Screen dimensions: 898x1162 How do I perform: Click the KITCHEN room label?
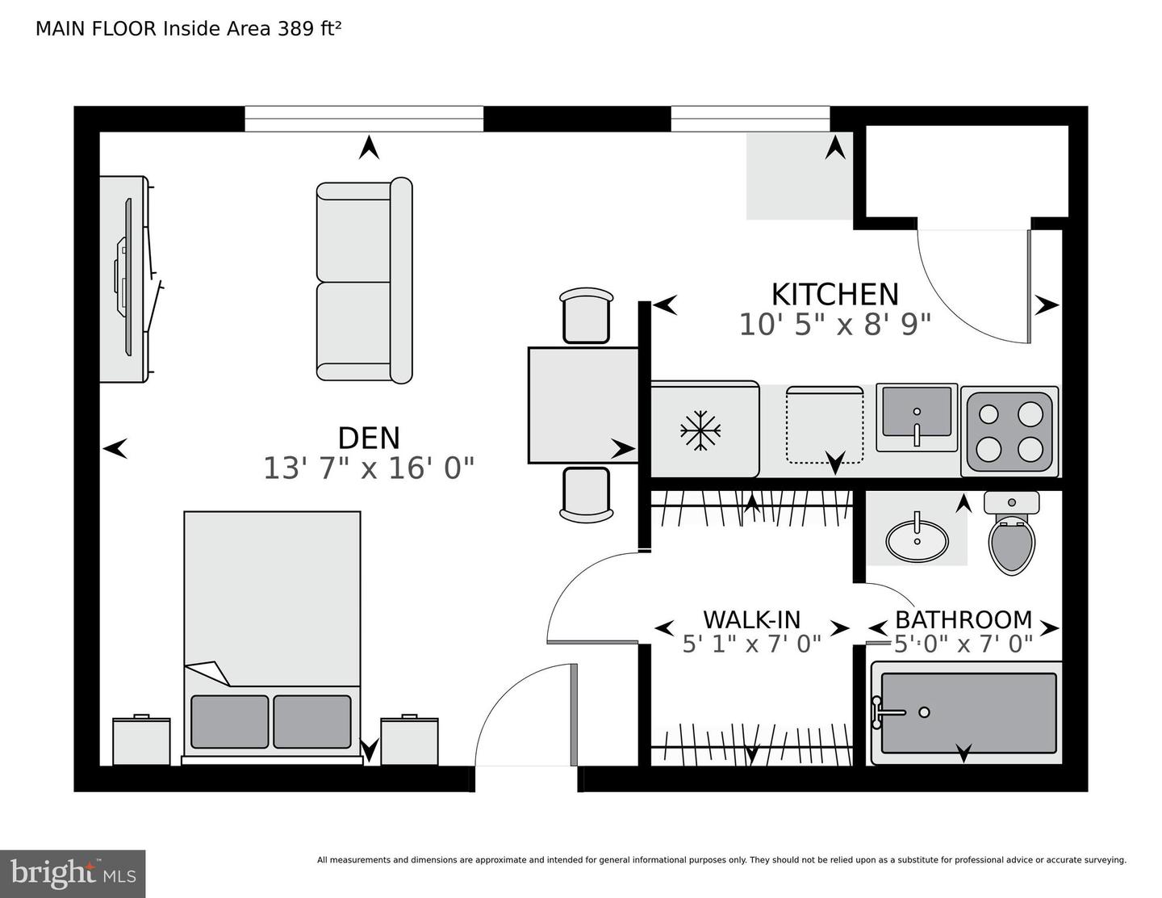tap(834, 294)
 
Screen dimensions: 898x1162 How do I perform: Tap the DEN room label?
tap(369, 438)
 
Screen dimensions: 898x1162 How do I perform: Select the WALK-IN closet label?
tap(751, 619)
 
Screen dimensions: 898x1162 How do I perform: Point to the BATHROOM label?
tap(963, 619)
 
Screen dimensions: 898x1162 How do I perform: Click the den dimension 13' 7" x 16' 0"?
tap(369, 468)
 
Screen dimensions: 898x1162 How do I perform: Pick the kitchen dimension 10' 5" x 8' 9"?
tap(834, 325)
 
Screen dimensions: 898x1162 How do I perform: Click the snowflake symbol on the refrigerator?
tap(700, 430)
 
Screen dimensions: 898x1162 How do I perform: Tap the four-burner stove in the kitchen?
tap(1009, 431)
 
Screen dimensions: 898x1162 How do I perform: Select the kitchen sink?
tap(917, 417)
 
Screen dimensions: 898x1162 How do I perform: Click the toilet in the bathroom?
tap(1012, 537)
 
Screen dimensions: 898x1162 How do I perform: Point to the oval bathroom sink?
tap(917, 539)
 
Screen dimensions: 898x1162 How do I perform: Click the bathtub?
tap(968, 712)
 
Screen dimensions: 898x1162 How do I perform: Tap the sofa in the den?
tap(363, 281)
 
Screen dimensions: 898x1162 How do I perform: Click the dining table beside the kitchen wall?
tap(583, 405)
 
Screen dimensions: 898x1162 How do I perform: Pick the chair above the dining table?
tap(584, 316)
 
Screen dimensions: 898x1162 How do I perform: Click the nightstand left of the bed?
tap(141, 740)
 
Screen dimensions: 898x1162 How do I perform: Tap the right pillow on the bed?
tap(311, 721)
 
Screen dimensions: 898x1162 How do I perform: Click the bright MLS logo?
tap(73, 874)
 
